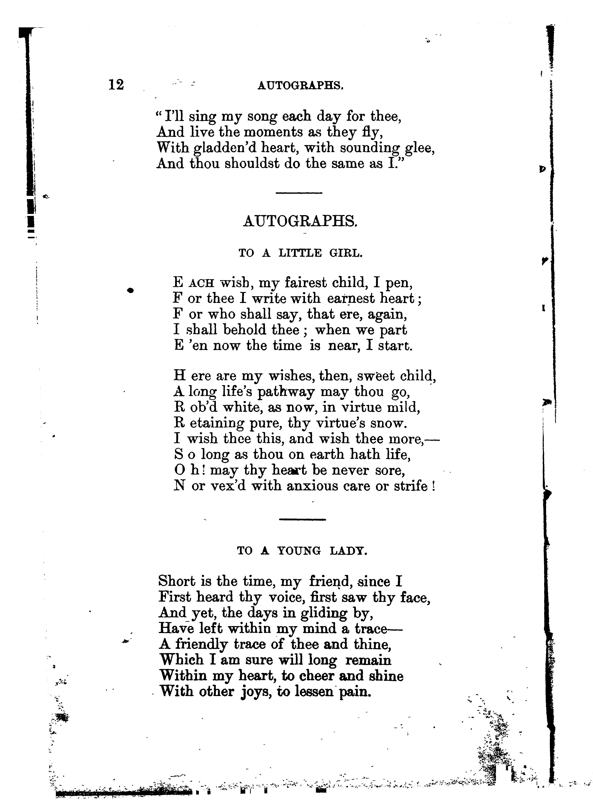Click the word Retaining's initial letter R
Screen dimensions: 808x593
(x=178, y=423)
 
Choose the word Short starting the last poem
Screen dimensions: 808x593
(x=176, y=581)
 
